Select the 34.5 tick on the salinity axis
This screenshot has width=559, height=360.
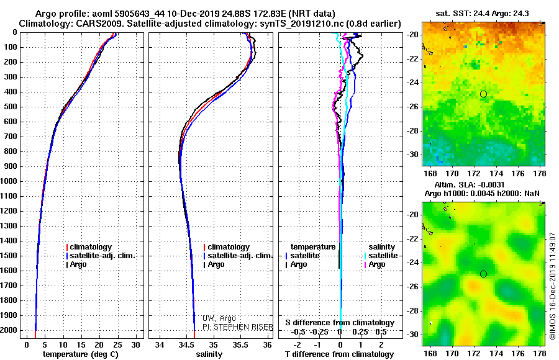tap(186, 344)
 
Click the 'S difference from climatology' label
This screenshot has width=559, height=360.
tap(340, 323)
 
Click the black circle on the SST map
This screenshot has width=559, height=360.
tap(483, 94)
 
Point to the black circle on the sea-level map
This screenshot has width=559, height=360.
tap(483, 274)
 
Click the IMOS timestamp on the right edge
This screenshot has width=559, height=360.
tap(553, 286)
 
